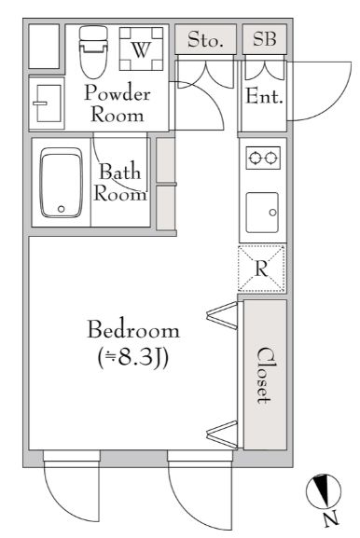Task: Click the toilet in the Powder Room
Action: click(93, 52)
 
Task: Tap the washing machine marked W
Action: click(141, 48)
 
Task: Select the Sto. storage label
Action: click(205, 40)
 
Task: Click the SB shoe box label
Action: click(265, 38)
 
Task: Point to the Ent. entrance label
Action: click(265, 96)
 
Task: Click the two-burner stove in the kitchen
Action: click(263, 158)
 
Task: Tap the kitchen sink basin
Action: click(262, 213)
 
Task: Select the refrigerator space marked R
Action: click(261, 269)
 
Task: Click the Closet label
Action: click(265, 375)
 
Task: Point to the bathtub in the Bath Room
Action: click(62, 183)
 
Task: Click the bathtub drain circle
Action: click(61, 209)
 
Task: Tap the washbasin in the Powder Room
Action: click(47, 103)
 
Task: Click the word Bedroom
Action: click(133, 329)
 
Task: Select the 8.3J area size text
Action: click(132, 358)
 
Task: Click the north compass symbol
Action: click(324, 491)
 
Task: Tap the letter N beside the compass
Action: click(331, 518)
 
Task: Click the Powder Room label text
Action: click(118, 103)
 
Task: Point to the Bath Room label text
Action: click(120, 182)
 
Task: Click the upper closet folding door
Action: click(222, 315)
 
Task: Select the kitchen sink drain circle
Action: click(273, 213)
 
